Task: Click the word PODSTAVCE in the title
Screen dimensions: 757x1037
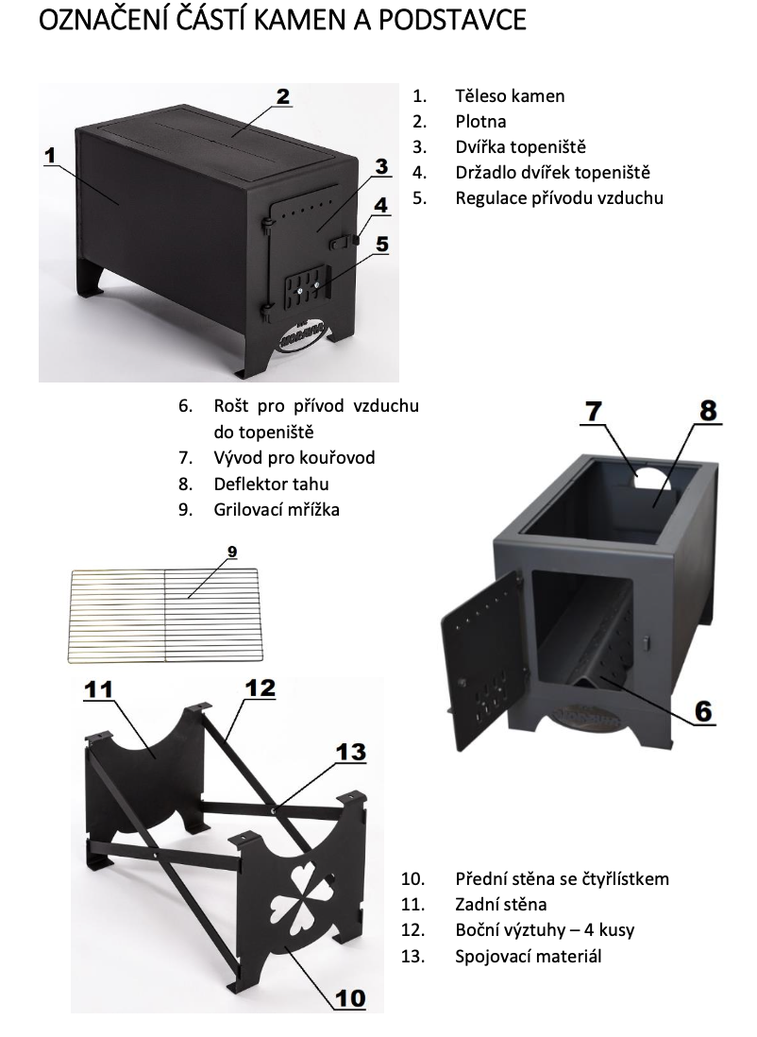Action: (x=452, y=21)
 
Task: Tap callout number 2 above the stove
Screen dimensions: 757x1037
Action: (x=283, y=96)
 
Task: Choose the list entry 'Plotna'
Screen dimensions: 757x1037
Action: (x=480, y=122)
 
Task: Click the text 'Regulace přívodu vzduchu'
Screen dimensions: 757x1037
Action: (x=560, y=197)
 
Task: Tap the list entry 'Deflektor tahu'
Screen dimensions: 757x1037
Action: (x=271, y=484)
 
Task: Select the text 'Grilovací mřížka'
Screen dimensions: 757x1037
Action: (x=277, y=510)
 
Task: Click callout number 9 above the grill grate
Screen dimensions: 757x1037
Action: (x=232, y=552)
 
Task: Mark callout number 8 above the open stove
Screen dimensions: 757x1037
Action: (x=708, y=411)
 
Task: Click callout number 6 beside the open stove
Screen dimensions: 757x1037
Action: (x=703, y=711)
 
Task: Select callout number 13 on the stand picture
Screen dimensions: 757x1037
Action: (x=350, y=752)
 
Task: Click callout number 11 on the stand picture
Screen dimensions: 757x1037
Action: (x=98, y=690)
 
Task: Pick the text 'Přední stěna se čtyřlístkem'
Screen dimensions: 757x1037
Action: (x=562, y=879)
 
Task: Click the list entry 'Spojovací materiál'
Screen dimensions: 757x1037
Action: (x=529, y=957)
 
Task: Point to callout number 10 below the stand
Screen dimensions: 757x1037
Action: (x=350, y=998)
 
